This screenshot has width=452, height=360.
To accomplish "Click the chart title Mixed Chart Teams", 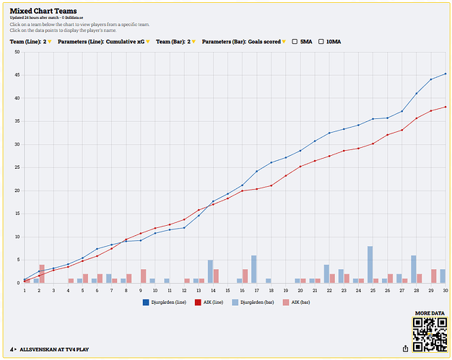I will tap(43, 11).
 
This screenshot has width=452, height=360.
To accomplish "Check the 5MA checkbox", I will tap(295, 42).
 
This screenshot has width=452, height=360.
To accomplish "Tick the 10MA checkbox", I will tap(322, 42).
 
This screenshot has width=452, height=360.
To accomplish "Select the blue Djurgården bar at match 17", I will tap(254, 269).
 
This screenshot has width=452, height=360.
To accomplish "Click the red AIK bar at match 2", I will tap(42, 273).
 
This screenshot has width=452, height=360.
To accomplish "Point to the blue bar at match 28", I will tap(414, 269).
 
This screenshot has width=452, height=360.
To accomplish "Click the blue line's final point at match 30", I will tap(446, 74).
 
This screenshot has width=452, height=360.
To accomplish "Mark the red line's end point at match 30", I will tap(446, 107).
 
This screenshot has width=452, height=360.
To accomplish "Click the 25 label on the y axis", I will tap(17, 167).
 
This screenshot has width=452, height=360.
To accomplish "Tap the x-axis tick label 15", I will tap(228, 290).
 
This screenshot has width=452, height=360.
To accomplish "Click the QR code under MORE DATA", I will tap(429, 334).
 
